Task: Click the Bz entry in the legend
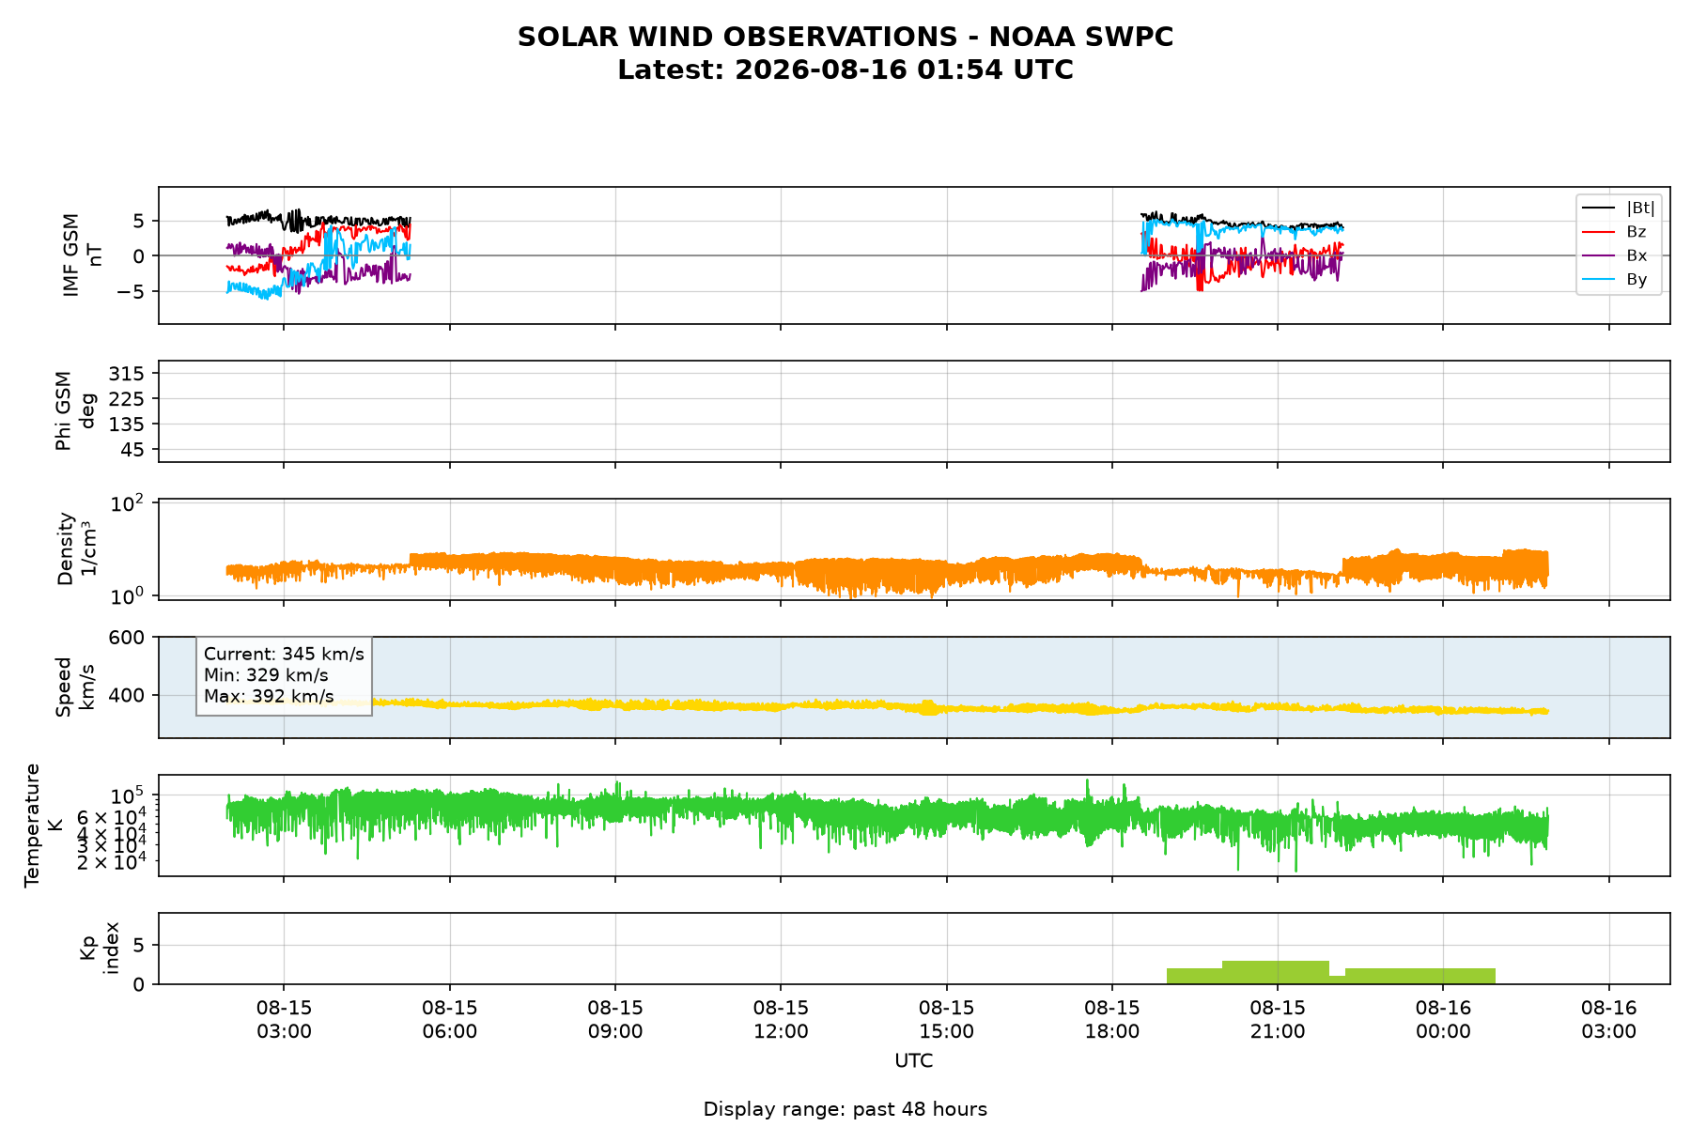(1636, 232)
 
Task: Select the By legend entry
(1637, 280)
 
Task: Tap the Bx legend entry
(1636, 255)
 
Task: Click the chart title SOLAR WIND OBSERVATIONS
(845, 37)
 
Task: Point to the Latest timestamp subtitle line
(845, 70)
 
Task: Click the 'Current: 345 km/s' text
(284, 655)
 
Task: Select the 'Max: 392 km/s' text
(269, 697)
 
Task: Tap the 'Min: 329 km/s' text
(266, 675)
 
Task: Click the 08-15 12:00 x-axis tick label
(781, 1019)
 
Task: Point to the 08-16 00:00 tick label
(1443, 1019)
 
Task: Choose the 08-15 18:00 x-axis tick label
(1112, 1019)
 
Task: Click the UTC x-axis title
(914, 1061)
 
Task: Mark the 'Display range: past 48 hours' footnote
(845, 1109)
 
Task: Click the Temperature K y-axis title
(43, 825)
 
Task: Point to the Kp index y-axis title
(100, 948)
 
